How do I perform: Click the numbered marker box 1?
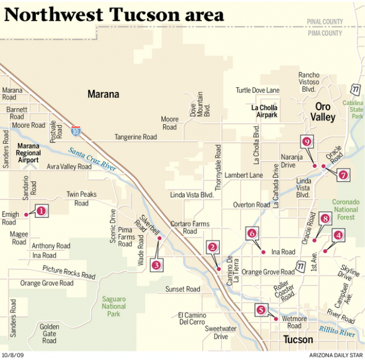coord(41,210)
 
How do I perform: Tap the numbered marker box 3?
coord(156,265)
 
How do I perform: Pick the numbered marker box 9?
coord(307,141)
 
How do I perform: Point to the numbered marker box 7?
coord(343,174)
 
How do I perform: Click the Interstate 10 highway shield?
coord(76,130)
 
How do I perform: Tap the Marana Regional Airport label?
coord(28,152)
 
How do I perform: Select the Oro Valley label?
coord(324,111)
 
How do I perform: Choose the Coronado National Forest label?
coord(345,209)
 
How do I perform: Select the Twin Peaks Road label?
coord(77,199)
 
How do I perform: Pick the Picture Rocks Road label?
coord(68,272)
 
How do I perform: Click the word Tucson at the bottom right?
coord(298,340)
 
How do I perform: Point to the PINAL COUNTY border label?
coord(324,22)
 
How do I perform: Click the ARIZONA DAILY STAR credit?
coord(334,355)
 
